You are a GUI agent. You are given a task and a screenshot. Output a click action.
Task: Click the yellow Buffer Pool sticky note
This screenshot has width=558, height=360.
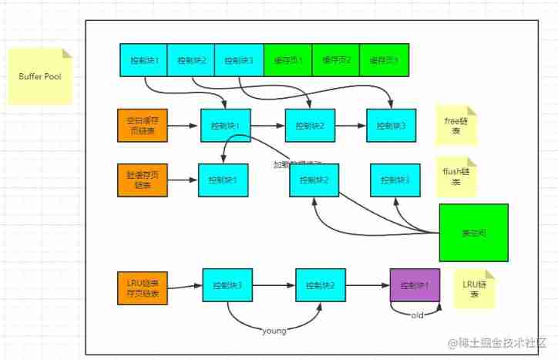click(x=39, y=76)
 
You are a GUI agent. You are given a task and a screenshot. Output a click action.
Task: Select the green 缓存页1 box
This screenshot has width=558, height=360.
click(x=287, y=60)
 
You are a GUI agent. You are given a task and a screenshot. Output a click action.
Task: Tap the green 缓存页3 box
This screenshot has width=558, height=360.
click(x=384, y=60)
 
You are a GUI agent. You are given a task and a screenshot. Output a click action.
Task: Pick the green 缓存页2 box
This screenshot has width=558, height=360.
click(x=335, y=60)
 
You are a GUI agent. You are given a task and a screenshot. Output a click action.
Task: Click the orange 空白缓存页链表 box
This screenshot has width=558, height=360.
click(x=143, y=125)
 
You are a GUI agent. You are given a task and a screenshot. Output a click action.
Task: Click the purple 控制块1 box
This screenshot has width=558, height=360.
click(x=415, y=286)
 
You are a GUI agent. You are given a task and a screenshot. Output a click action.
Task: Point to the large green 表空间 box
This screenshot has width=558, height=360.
click(x=473, y=232)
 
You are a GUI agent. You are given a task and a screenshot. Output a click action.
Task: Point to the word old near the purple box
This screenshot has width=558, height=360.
click(x=416, y=315)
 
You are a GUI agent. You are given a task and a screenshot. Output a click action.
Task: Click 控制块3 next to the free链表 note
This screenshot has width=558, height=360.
click(x=391, y=125)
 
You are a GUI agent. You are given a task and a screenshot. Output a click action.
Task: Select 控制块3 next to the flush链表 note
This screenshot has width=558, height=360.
click(x=395, y=180)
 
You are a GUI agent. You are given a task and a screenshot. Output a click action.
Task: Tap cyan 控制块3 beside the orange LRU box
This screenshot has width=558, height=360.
click(x=227, y=285)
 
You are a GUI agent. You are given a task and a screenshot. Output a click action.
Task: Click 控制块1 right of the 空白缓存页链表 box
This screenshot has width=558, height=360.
click(x=226, y=125)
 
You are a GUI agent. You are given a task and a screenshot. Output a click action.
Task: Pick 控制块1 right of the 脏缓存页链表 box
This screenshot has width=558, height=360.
click(x=223, y=180)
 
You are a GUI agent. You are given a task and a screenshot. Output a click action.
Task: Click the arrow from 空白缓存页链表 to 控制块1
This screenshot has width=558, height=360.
click(x=183, y=125)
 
